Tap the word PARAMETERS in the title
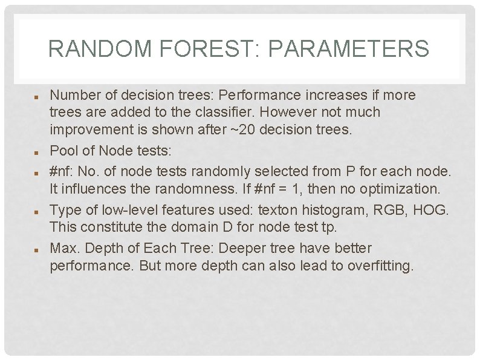(x=348, y=48)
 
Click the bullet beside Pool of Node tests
(x=36, y=146)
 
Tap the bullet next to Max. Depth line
(x=36, y=249)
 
